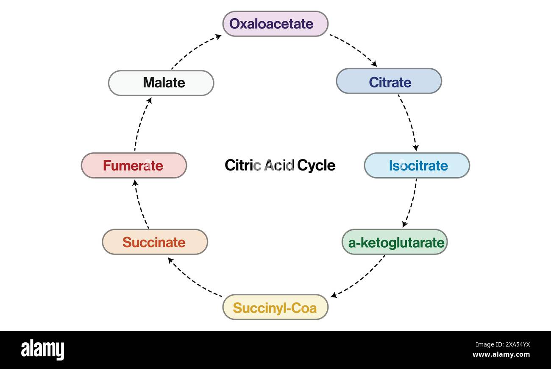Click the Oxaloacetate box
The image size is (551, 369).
pyautogui.click(x=275, y=24)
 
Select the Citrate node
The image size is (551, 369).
pyautogui.click(x=389, y=81)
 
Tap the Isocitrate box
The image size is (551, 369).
pyautogui.click(x=417, y=165)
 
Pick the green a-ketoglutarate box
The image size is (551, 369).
pyautogui.click(x=394, y=242)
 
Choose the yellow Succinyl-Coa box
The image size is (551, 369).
pyautogui.click(x=275, y=307)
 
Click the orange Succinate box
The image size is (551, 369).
pyautogui.click(x=155, y=242)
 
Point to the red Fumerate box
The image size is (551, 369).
pyautogui.click(x=134, y=165)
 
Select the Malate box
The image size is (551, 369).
pyautogui.click(x=161, y=83)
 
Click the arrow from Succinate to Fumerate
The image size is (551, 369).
pyautogui.click(x=140, y=204)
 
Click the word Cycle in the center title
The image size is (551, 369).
pyautogui.click(x=316, y=165)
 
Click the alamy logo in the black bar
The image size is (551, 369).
pyautogui.click(x=42, y=350)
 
